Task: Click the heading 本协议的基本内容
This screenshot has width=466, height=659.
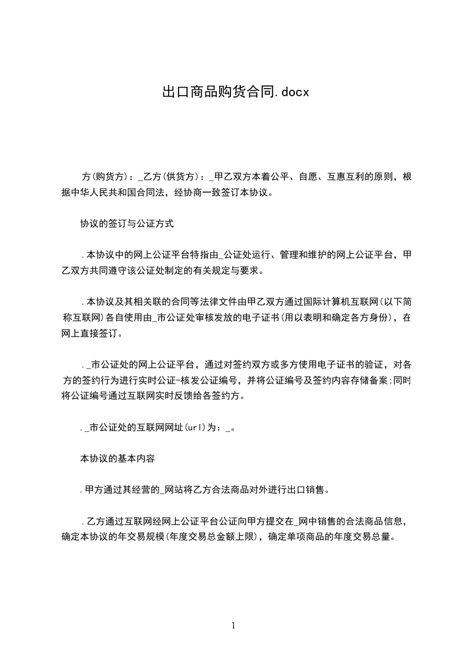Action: coord(117,459)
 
